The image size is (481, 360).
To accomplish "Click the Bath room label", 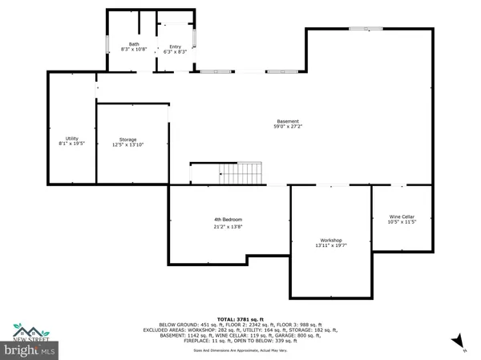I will coord(134,45).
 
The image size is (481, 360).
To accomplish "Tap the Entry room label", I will coord(176,47).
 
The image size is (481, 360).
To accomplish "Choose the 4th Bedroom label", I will coord(228,220).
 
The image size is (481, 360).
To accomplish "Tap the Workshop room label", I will coord(331,241).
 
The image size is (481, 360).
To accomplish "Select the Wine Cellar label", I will coord(402,216).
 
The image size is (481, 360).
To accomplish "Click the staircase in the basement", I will coord(240,172).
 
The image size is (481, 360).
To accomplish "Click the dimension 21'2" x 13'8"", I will coord(228,227).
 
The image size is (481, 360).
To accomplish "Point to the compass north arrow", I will coord(458,343).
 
